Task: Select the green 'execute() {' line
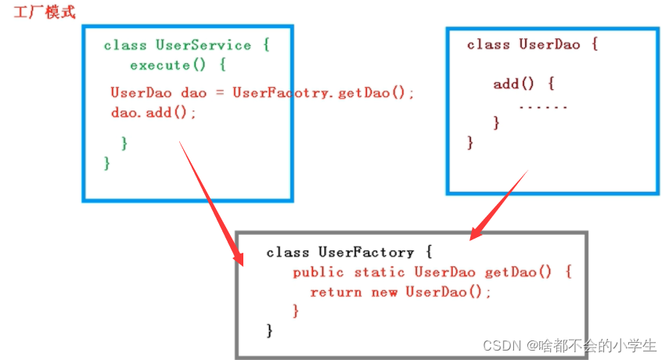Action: pos(178,65)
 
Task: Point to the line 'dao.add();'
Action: pos(153,113)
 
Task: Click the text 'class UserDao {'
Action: pos(532,45)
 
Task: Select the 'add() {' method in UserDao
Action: pos(523,84)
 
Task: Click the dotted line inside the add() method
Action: pos(542,105)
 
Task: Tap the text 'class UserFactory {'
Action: pos(349,252)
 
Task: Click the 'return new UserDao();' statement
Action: pos(401,292)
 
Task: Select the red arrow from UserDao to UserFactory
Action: pos(501,203)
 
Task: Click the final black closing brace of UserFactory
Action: pos(270,330)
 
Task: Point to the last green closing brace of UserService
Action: pos(107,163)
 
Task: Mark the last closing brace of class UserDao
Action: pos(470,142)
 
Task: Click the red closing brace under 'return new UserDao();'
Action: pos(296,311)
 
